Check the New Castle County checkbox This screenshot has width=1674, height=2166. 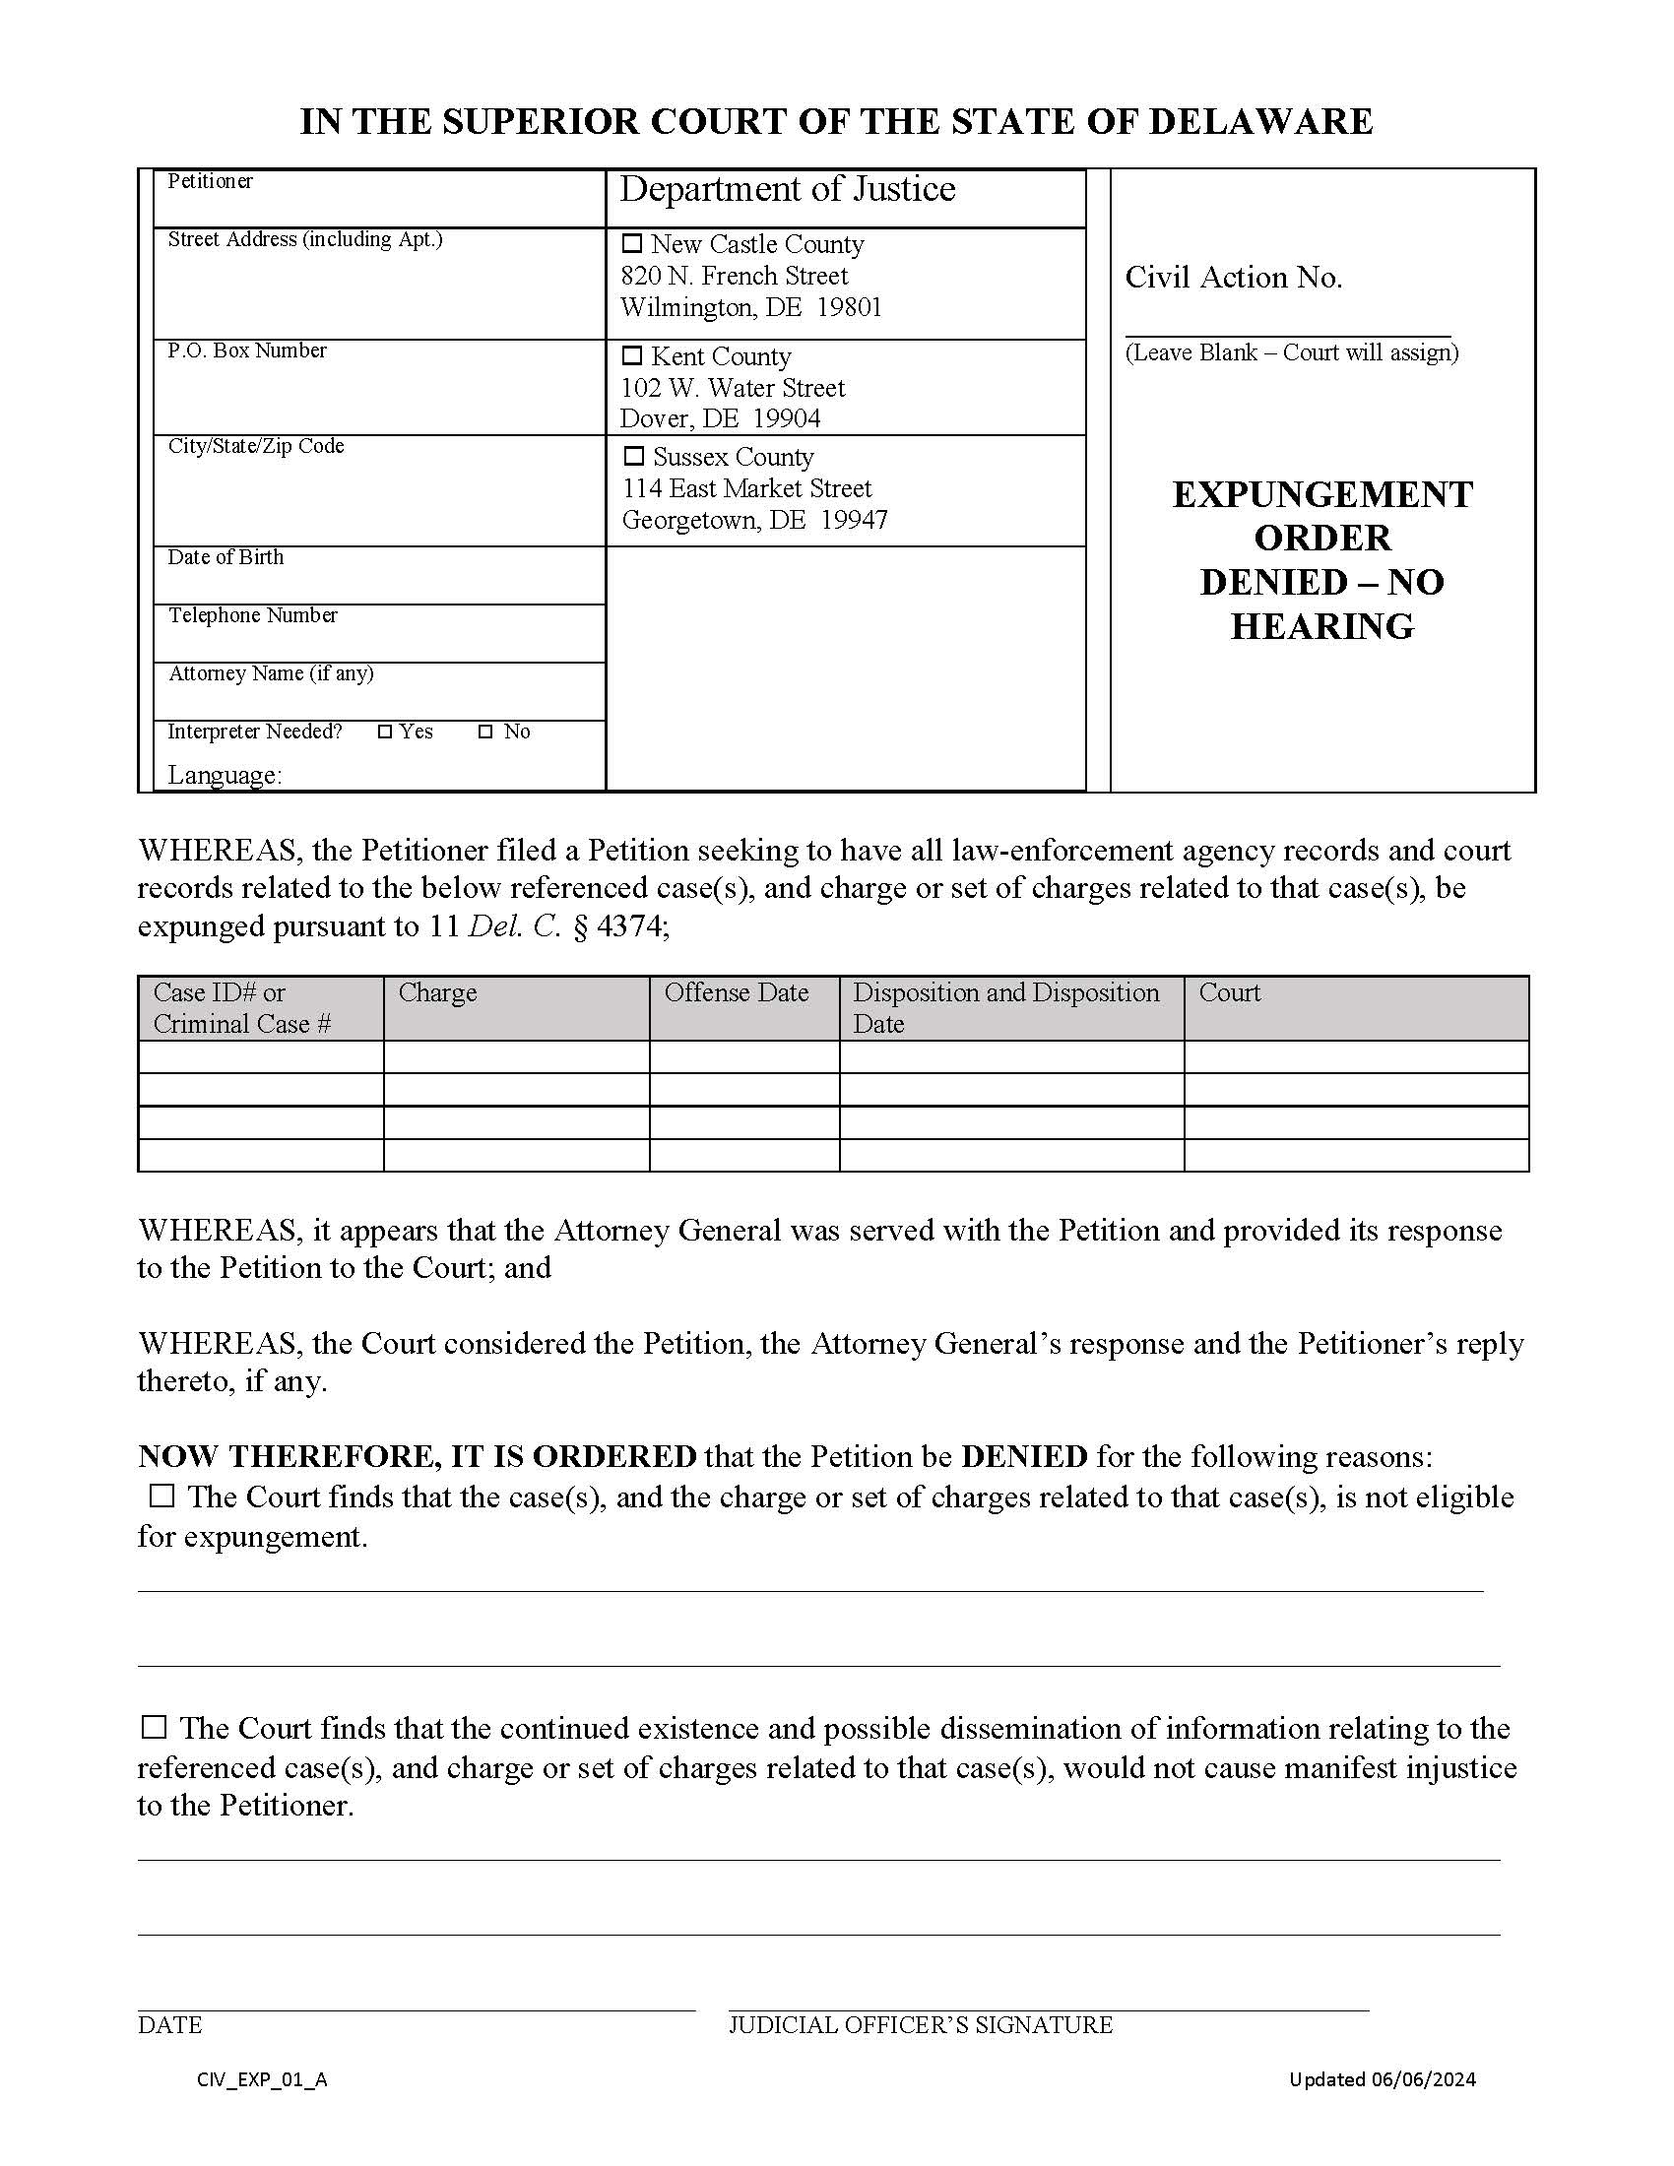[x=632, y=243]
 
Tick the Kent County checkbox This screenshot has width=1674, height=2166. [x=632, y=355]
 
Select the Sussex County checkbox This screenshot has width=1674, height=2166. [x=633, y=456]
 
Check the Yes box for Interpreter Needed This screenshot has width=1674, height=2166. [x=386, y=732]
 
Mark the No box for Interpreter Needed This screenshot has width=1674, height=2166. [x=484, y=732]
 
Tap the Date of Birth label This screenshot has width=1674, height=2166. [x=225, y=557]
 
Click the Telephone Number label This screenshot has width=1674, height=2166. [x=252, y=616]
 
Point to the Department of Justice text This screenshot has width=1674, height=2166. [x=788, y=189]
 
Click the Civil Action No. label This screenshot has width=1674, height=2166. [x=1233, y=278]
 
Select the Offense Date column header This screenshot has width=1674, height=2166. [x=736, y=992]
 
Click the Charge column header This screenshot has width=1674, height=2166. [x=437, y=992]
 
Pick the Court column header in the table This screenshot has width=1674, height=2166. [x=1229, y=992]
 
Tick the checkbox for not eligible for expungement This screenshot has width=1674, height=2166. [x=161, y=1496]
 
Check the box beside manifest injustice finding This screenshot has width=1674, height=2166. [x=154, y=1727]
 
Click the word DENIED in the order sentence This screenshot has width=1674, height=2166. [x=1023, y=1456]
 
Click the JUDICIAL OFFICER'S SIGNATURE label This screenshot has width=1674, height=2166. [x=921, y=2025]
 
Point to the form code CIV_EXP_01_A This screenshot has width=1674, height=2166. [x=262, y=2079]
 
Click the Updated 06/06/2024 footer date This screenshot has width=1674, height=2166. [x=1382, y=2079]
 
